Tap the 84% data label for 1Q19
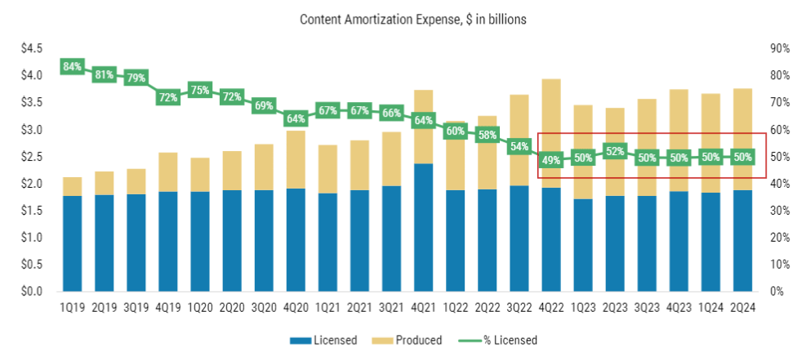[x=72, y=66]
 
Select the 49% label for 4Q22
[x=551, y=161]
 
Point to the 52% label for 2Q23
[x=615, y=151]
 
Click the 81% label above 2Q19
[x=104, y=74]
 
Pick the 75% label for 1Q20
[x=200, y=91]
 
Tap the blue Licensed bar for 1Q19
[x=72, y=243]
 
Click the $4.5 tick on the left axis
[x=32, y=49]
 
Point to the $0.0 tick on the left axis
[x=32, y=291]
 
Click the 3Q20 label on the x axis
[x=264, y=309]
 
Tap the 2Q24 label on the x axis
[x=742, y=309]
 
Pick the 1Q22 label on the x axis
[x=455, y=309]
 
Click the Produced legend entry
[x=415, y=340]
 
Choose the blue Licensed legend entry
[x=325, y=340]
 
